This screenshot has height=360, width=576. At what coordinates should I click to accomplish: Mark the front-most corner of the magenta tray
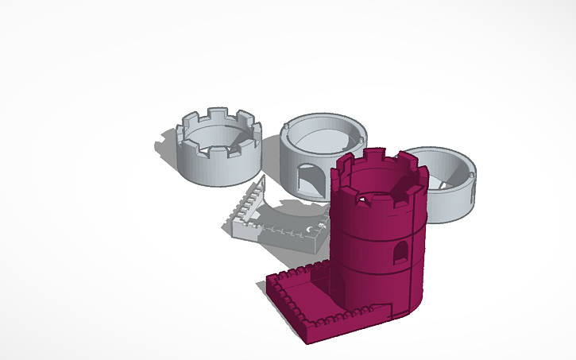[309, 341]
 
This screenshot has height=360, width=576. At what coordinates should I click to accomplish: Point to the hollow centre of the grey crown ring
[217, 144]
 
